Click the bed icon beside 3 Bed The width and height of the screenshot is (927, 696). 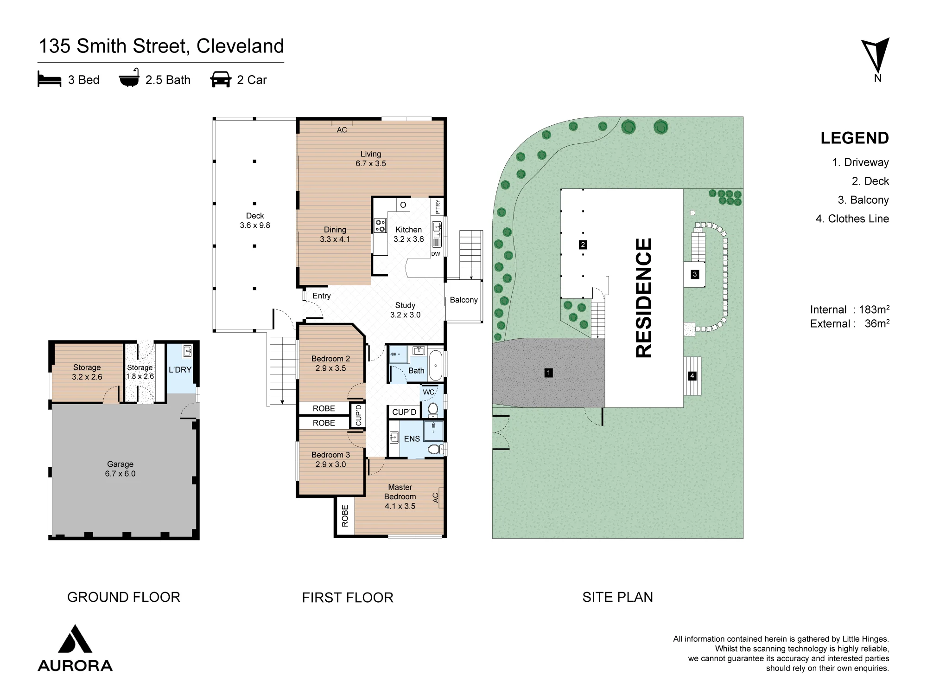pyautogui.click(x=49, y=79)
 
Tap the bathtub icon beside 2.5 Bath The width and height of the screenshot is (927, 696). pyautogui.click(x=129, y=78)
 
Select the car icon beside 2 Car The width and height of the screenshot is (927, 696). pyautogui.click(x=221, y=79)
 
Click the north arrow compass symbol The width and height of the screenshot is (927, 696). pyautogui.click(x=876, y=55)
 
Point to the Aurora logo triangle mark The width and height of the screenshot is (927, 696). pyautogui.click(x=75, y=639)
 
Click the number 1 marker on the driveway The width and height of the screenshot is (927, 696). pyautogui.click(x=548, y=373)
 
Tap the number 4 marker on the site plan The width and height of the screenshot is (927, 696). pyautogui.click(x=692, y=376)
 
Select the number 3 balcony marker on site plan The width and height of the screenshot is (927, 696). pyautogui.click(x=694, y=274)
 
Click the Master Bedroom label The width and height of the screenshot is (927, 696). pyautogui.click(x=400, y=492)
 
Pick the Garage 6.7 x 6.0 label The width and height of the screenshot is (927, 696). pyautogui.click(x=121, y=469)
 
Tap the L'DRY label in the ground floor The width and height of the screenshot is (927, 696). pyautogui.click(x=180, y=370)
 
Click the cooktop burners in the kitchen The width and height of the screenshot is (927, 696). pyautogui.click(x=380, y=226)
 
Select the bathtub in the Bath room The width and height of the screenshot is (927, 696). pyautogui.click(x=436, y=366)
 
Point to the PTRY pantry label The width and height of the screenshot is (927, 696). pyautogui.click(x=438, y=206)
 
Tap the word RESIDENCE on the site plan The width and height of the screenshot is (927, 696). pyautogui.click(x=644, y=297)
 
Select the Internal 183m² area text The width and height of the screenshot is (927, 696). pyautogui.click(x=850, y=309)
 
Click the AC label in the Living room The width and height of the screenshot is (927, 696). pyautogui.click(x=342, y=130)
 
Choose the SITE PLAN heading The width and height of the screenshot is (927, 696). pyautogui.click(x=617, y=597)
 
